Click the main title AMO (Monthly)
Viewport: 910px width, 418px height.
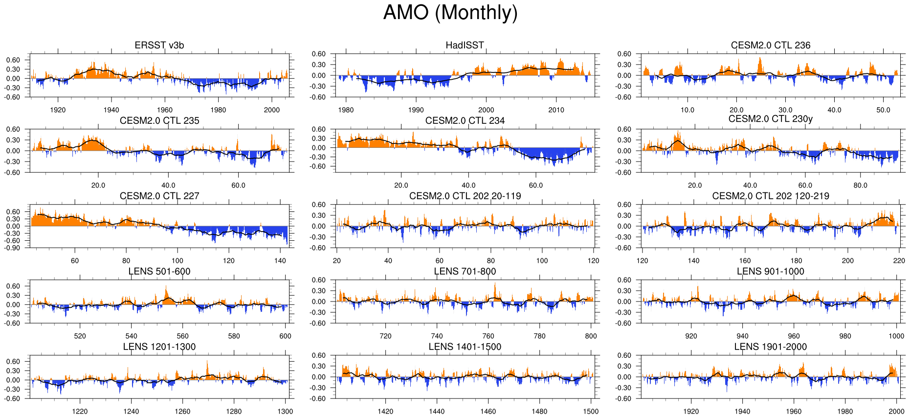coord(450,13)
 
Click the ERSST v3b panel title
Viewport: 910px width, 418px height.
coord(159,46)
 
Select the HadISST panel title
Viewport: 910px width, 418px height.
coord(465,46)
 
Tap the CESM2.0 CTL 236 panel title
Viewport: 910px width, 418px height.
coord(771,46)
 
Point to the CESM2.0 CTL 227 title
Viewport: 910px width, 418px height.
coord(159,196)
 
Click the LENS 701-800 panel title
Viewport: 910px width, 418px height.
coord(465,272)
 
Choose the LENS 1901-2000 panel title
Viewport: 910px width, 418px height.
coord(771,347)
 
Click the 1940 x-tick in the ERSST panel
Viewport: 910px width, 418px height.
coord(111,110)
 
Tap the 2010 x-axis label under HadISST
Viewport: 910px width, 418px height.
coord(556,110)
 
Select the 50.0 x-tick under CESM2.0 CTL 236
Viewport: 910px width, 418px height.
coord(883,110)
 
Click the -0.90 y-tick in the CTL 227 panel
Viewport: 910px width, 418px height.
coord(13,248)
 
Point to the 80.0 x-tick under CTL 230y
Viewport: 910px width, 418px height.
coord(860,186)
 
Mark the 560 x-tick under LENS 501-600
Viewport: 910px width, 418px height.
coord(182,336)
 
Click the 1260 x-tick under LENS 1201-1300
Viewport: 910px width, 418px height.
coord(182,412)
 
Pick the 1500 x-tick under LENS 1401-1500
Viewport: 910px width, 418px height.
coord(591,412)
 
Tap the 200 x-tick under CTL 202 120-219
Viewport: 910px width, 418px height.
coord(847,261)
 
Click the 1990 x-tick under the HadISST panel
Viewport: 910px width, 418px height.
coord(416,110)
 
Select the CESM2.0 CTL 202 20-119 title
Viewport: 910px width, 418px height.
coord(465,196)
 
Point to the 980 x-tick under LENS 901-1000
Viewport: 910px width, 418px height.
coord(845,336)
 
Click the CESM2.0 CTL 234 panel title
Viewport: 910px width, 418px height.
coord(465,121)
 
